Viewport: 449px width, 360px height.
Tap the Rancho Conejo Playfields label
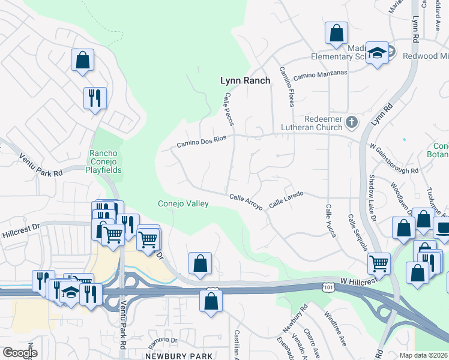click(106, 161)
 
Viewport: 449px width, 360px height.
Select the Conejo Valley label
click(183, 203)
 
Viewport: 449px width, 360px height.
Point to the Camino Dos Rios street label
click(200, 142)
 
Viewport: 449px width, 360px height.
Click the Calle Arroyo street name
click(246, 202)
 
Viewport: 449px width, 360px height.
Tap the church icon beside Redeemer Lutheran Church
click(352, 123)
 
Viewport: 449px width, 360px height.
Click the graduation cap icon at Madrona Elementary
click(378, 53)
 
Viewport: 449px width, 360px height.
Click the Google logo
click(20, 352)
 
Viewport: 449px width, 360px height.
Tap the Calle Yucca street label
click(330, 220)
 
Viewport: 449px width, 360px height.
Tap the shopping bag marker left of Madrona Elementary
click(336, 33)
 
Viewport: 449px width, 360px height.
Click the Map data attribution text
click(423, 355)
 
